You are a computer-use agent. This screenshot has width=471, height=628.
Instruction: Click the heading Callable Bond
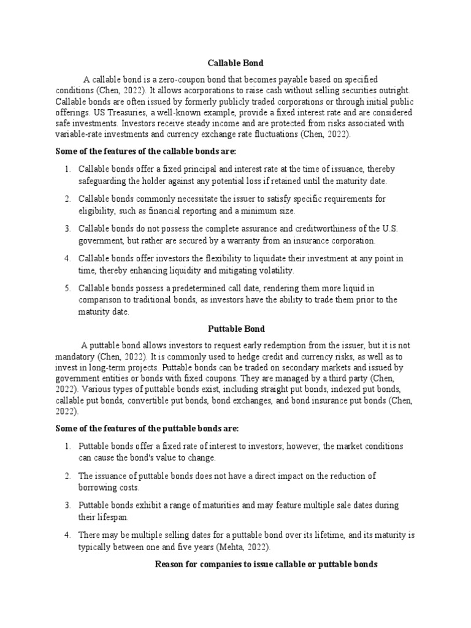(235, 63)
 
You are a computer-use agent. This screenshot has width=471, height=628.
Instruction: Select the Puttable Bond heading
(235, 329)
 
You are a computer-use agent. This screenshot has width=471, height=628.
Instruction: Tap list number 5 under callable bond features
(67, 288)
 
